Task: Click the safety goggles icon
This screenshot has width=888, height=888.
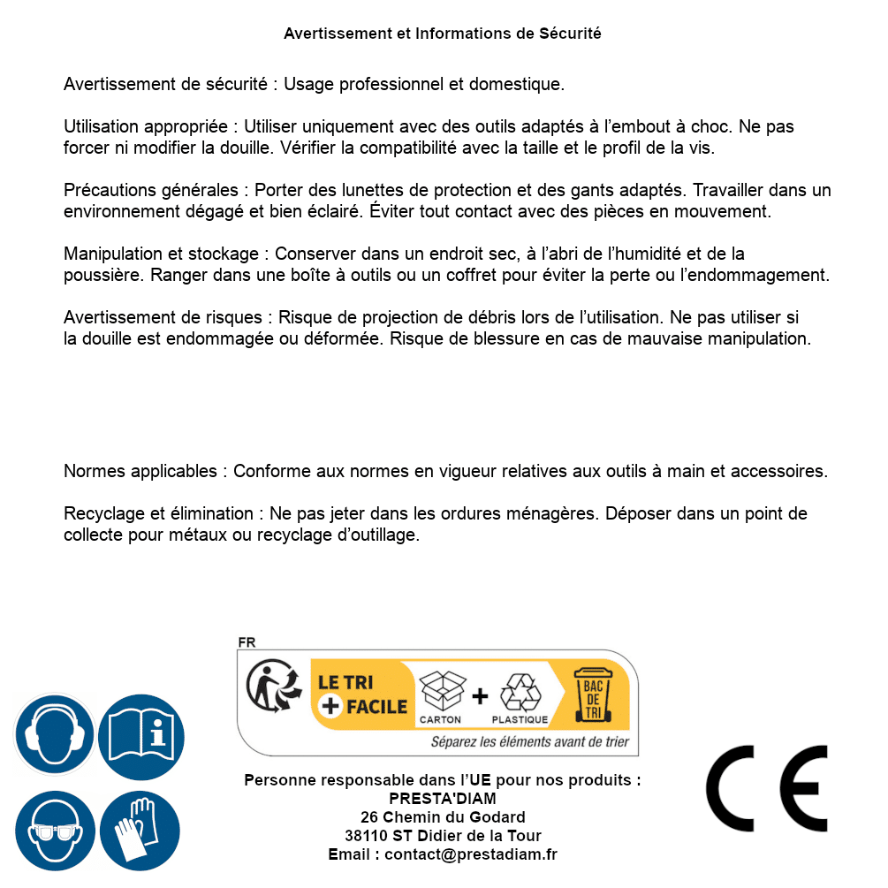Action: pyautogui.click(x=54, y=830)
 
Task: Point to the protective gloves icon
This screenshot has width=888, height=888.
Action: pyautogui.click(x=140, y=830)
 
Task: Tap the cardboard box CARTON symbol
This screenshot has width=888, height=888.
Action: pyautogui.click(x=441, y=698)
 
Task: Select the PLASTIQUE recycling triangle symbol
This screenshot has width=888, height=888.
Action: pyautogui.click(x=520, y=698)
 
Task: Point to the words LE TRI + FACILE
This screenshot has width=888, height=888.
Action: pyautogui.click(x=362, y=694)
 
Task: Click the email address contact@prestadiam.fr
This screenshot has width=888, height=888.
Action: pyautogui.click(x=471, y=854)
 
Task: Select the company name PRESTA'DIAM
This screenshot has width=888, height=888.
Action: pyautogui.click(x=443, y=799)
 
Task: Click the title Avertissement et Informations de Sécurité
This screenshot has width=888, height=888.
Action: pyautogui.click(x=443, y=34)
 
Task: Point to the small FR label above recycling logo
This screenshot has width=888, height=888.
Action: pyautogui.click(x=246, y=642)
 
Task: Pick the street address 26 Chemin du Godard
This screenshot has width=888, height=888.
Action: pyautogui.click(x=443, y=817)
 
